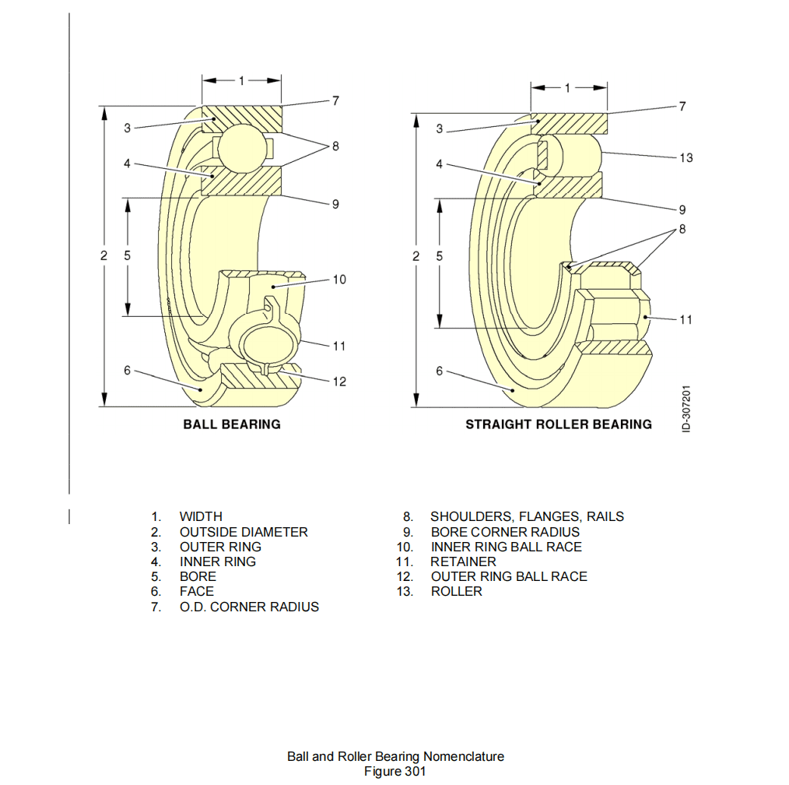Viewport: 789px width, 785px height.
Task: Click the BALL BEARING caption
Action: pyautogui.click(x=232, y=424)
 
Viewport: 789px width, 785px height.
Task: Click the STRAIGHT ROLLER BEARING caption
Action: pyautogui.click(x=558, y=424)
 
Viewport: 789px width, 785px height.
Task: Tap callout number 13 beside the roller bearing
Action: pyautogui.click(x=686, y=158)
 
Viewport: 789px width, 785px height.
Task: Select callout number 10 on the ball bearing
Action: pyautogui.click(x=339, y=280)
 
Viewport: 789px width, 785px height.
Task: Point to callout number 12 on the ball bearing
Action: pyautogui.click(x=339, y=382)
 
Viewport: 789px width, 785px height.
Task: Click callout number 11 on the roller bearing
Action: pyautogui.click(x=686, y=319)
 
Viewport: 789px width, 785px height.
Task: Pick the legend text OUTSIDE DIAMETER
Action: pyautogui.click(x=244, y=532)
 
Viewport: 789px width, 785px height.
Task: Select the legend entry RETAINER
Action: pyautogui.click(x=463, y=561)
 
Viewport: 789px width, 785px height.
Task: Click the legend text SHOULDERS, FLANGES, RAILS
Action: pyautogui.click(x=527, y=516)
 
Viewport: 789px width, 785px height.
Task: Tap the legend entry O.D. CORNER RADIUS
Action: pyautogui.click(x=249, y=607)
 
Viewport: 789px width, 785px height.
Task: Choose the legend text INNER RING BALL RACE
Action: pyautogui.click(x=506, y=547)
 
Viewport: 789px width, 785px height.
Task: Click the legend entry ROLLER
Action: pyautogui.click(x=456, y=591)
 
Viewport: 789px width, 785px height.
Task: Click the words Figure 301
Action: pyautogui.click(x=395, y=771)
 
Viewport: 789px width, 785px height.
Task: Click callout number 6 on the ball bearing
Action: pyautogui.click(x=128, y=371)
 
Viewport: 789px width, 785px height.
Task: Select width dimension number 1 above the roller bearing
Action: pyautogui.click(x=568, y=87)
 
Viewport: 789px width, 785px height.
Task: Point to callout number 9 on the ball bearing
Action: pyautogui.click(x=335, y=204)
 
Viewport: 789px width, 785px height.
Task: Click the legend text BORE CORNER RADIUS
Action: pyautogui.click(x=505, y=532)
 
